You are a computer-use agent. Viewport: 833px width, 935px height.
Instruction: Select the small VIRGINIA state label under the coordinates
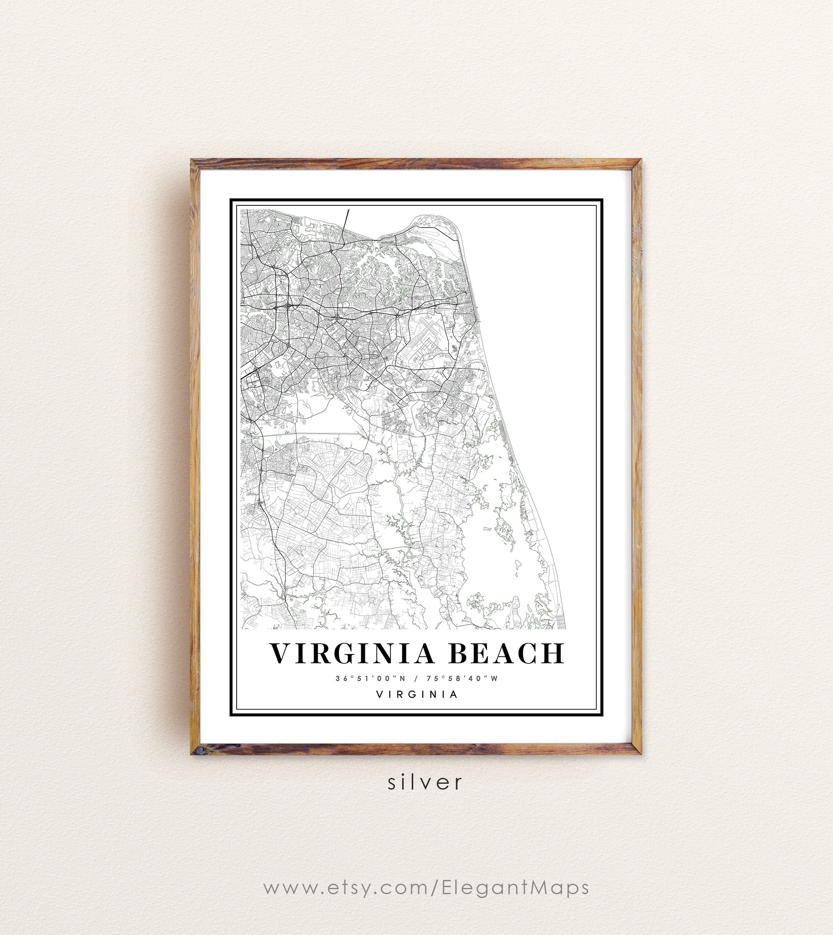point(416,694)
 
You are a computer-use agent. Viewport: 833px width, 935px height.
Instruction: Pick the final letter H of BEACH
point(554,653)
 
